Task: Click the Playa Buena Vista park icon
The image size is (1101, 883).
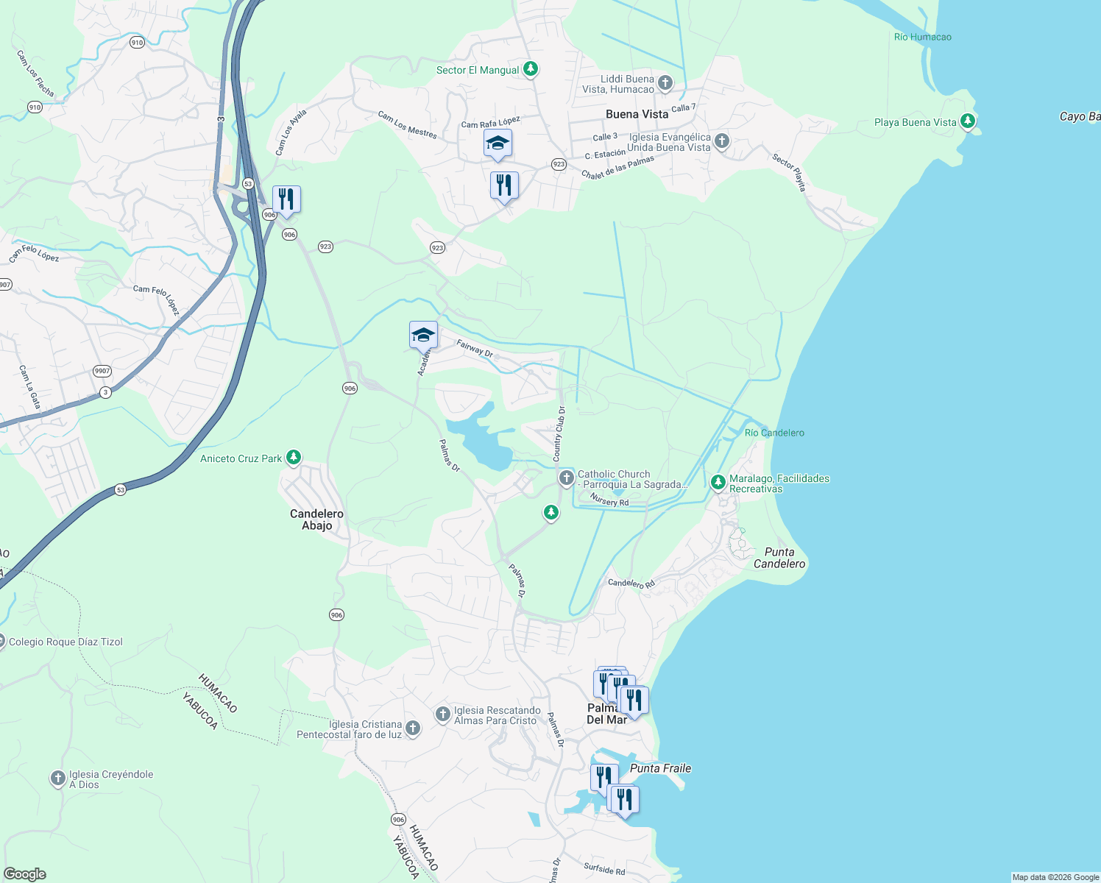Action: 968,121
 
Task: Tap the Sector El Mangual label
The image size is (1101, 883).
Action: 478,70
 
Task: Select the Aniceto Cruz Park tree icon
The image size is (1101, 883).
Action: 294,458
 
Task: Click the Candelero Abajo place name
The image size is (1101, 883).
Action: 316,519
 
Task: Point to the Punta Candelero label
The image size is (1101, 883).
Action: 779,558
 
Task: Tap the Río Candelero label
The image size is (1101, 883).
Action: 774,433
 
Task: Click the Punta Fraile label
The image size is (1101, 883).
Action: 660,768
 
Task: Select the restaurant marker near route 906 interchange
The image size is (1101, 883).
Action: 286,199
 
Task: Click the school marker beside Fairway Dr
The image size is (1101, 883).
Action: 423,335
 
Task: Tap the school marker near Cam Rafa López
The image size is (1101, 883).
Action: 498,143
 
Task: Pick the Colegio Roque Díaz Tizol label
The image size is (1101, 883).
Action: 66,642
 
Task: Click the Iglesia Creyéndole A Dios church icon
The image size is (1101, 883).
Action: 58,779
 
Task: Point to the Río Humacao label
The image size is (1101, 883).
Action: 922,37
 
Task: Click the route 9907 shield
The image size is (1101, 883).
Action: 102,371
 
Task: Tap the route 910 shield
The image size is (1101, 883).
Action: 137,43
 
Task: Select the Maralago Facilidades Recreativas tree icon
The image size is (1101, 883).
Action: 718,483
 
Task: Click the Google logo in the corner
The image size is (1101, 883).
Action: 24,874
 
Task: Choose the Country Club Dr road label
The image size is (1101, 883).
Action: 559,434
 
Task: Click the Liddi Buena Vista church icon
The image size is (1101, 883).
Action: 665,82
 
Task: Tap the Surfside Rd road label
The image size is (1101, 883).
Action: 604,870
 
